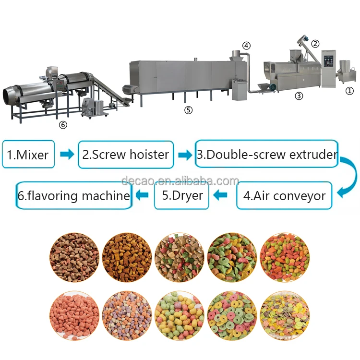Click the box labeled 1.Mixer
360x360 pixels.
28,154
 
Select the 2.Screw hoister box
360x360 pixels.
125,154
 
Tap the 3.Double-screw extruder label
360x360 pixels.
267,154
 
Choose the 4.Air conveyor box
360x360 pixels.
284,195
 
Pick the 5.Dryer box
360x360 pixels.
181,195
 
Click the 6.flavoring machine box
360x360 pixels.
73,195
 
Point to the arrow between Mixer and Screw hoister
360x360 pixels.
67,155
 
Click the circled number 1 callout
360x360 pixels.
349,91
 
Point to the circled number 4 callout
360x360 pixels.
246,46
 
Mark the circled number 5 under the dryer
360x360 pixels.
189,110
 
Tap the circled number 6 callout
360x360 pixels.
63,125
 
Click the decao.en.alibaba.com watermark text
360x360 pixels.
180,181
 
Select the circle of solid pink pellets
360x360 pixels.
74,313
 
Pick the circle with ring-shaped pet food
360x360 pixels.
232,313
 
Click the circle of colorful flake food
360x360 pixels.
285,313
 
